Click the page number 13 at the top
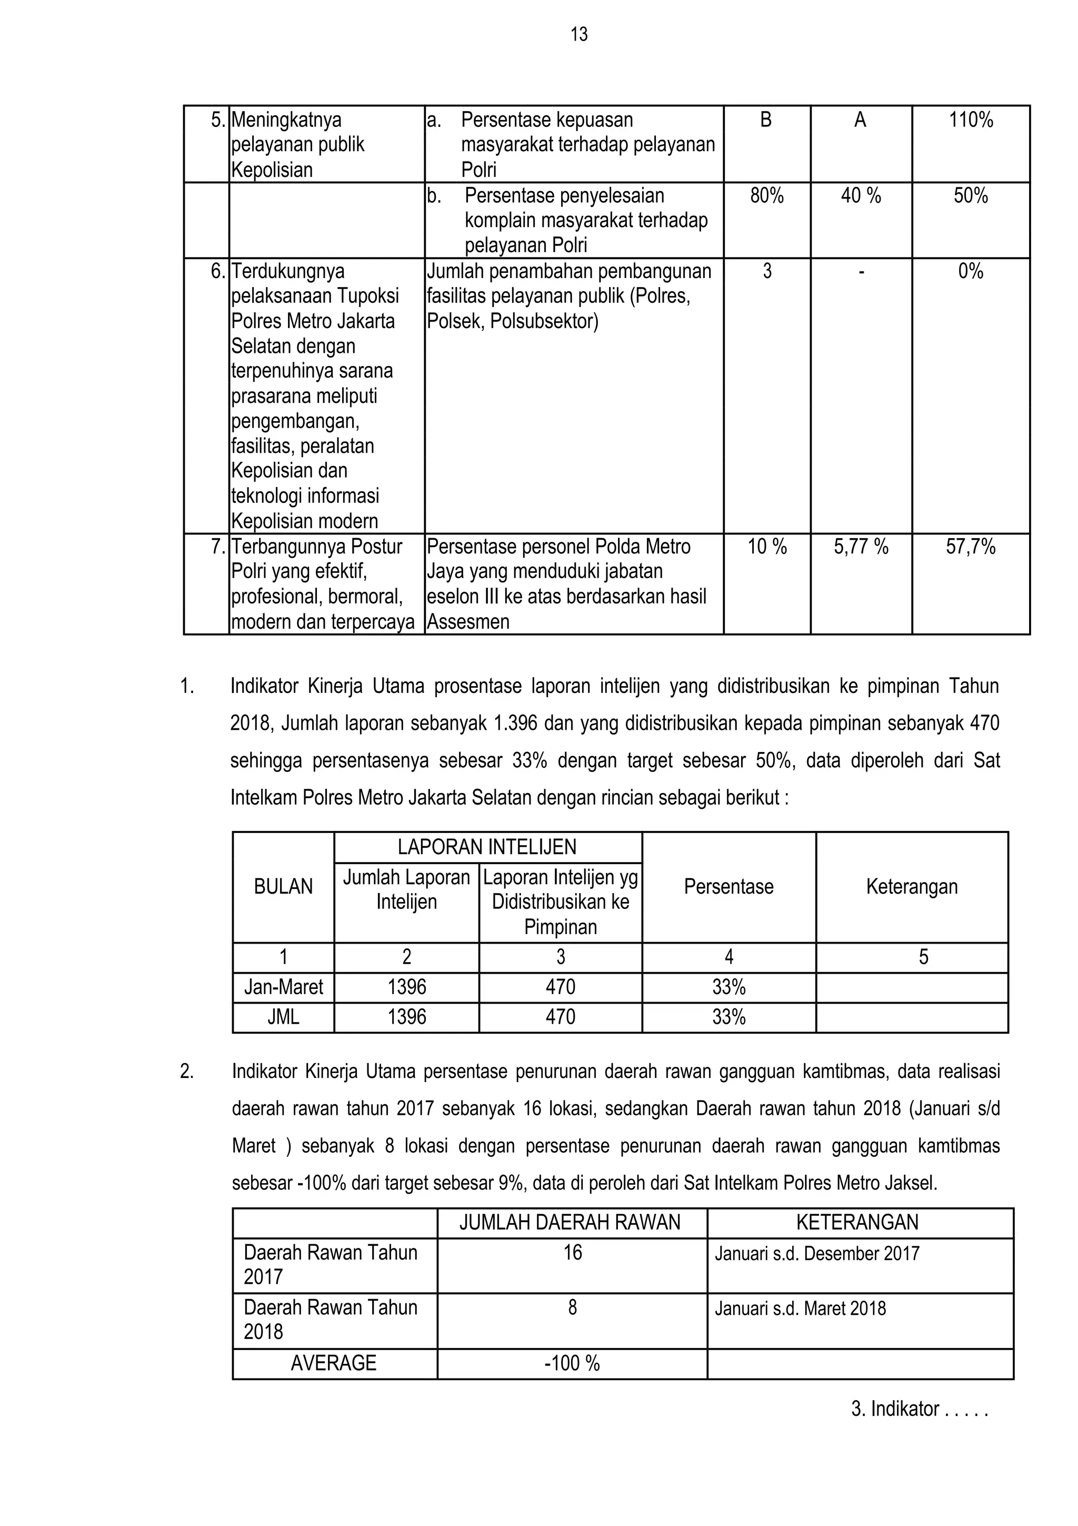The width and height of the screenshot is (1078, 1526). click(x=578, y=35)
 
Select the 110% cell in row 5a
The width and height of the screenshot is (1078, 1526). click(x=971, y=120)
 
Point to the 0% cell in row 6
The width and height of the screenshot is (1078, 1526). click(x=971, y=272)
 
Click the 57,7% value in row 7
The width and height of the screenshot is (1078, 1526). click(x=971, y=547)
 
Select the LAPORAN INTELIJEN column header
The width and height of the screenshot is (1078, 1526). click(x=487, y=847)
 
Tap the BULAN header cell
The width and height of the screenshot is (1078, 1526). click(x=283, y=887)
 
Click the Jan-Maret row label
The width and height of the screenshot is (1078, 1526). click(x=283, y=987)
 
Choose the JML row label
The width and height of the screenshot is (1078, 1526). click(x=283, y=1017)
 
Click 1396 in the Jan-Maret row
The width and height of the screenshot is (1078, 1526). click(x=406, y=987)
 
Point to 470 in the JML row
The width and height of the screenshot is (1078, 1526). click(x=560, y=1017)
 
